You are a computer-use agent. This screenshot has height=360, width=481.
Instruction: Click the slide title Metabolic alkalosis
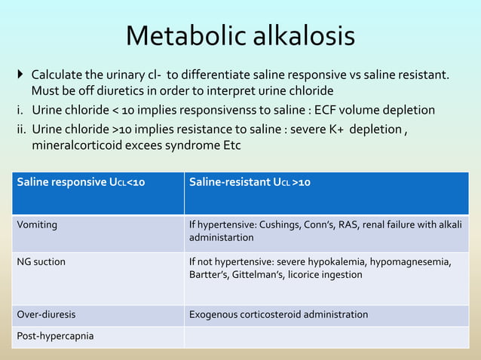240,35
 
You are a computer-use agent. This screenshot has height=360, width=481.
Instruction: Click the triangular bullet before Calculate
21,75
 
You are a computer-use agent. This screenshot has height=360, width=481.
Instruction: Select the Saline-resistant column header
250,182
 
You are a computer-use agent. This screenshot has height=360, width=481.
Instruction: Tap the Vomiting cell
37,224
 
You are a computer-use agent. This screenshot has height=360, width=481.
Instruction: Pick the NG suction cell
41,261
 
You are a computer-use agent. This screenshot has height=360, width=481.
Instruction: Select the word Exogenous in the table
214,313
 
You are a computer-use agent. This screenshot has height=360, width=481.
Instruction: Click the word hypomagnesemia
418,261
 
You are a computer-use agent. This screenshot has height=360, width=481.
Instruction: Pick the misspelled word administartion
221,237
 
